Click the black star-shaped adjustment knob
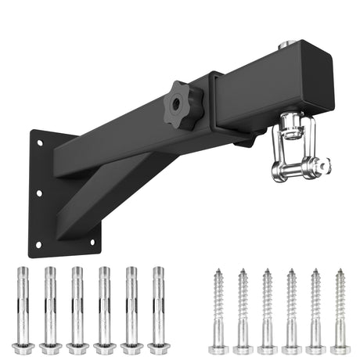182,106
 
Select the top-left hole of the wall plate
41,142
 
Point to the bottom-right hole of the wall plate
92,243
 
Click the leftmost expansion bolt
23,309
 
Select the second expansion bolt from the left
50,309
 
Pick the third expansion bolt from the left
77,309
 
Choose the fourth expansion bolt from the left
104,309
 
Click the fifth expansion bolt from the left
131,309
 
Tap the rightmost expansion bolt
159,309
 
